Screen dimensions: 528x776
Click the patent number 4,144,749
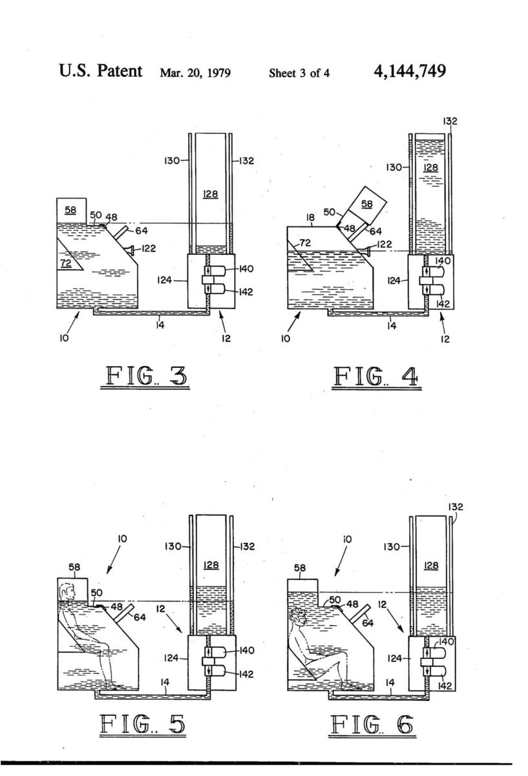click(x=410, y=71)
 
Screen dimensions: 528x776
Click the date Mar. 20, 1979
click(x=195, y=73)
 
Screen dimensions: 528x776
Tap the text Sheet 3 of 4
click(x=299, y=73)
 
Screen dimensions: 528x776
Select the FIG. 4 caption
click(x=377, y=377)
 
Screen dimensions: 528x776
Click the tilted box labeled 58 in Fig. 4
click(x=367, y=206)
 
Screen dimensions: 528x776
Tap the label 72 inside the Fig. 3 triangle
click(x=66, y=263)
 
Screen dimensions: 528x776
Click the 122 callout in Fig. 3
click(x=149, y=248)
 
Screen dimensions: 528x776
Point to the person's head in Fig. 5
click(x=67, y=592)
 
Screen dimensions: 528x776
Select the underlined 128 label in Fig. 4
click(x=431, y=167)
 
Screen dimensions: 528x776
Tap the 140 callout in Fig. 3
click(x=246, y=269)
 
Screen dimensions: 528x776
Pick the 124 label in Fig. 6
click(x=394, y=658)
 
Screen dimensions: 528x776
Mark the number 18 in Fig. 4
click(x=311, y=217)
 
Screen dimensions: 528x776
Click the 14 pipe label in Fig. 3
click(x=160, y=325)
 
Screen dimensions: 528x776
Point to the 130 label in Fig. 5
click(x=173, y=546)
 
